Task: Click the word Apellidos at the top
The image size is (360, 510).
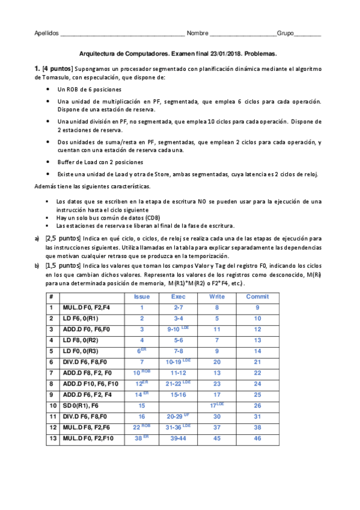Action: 46,33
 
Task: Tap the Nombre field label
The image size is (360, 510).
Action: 198,33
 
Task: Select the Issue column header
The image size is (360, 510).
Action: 142,296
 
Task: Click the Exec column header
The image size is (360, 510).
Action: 178,296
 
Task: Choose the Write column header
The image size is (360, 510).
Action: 217,296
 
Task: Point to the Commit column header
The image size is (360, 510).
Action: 258,296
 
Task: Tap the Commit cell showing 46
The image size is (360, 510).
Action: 257,438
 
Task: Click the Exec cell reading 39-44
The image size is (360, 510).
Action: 178,438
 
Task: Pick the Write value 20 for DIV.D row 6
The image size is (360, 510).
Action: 217,362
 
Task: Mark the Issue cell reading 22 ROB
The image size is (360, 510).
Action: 142,428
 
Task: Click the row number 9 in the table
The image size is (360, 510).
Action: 51,395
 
